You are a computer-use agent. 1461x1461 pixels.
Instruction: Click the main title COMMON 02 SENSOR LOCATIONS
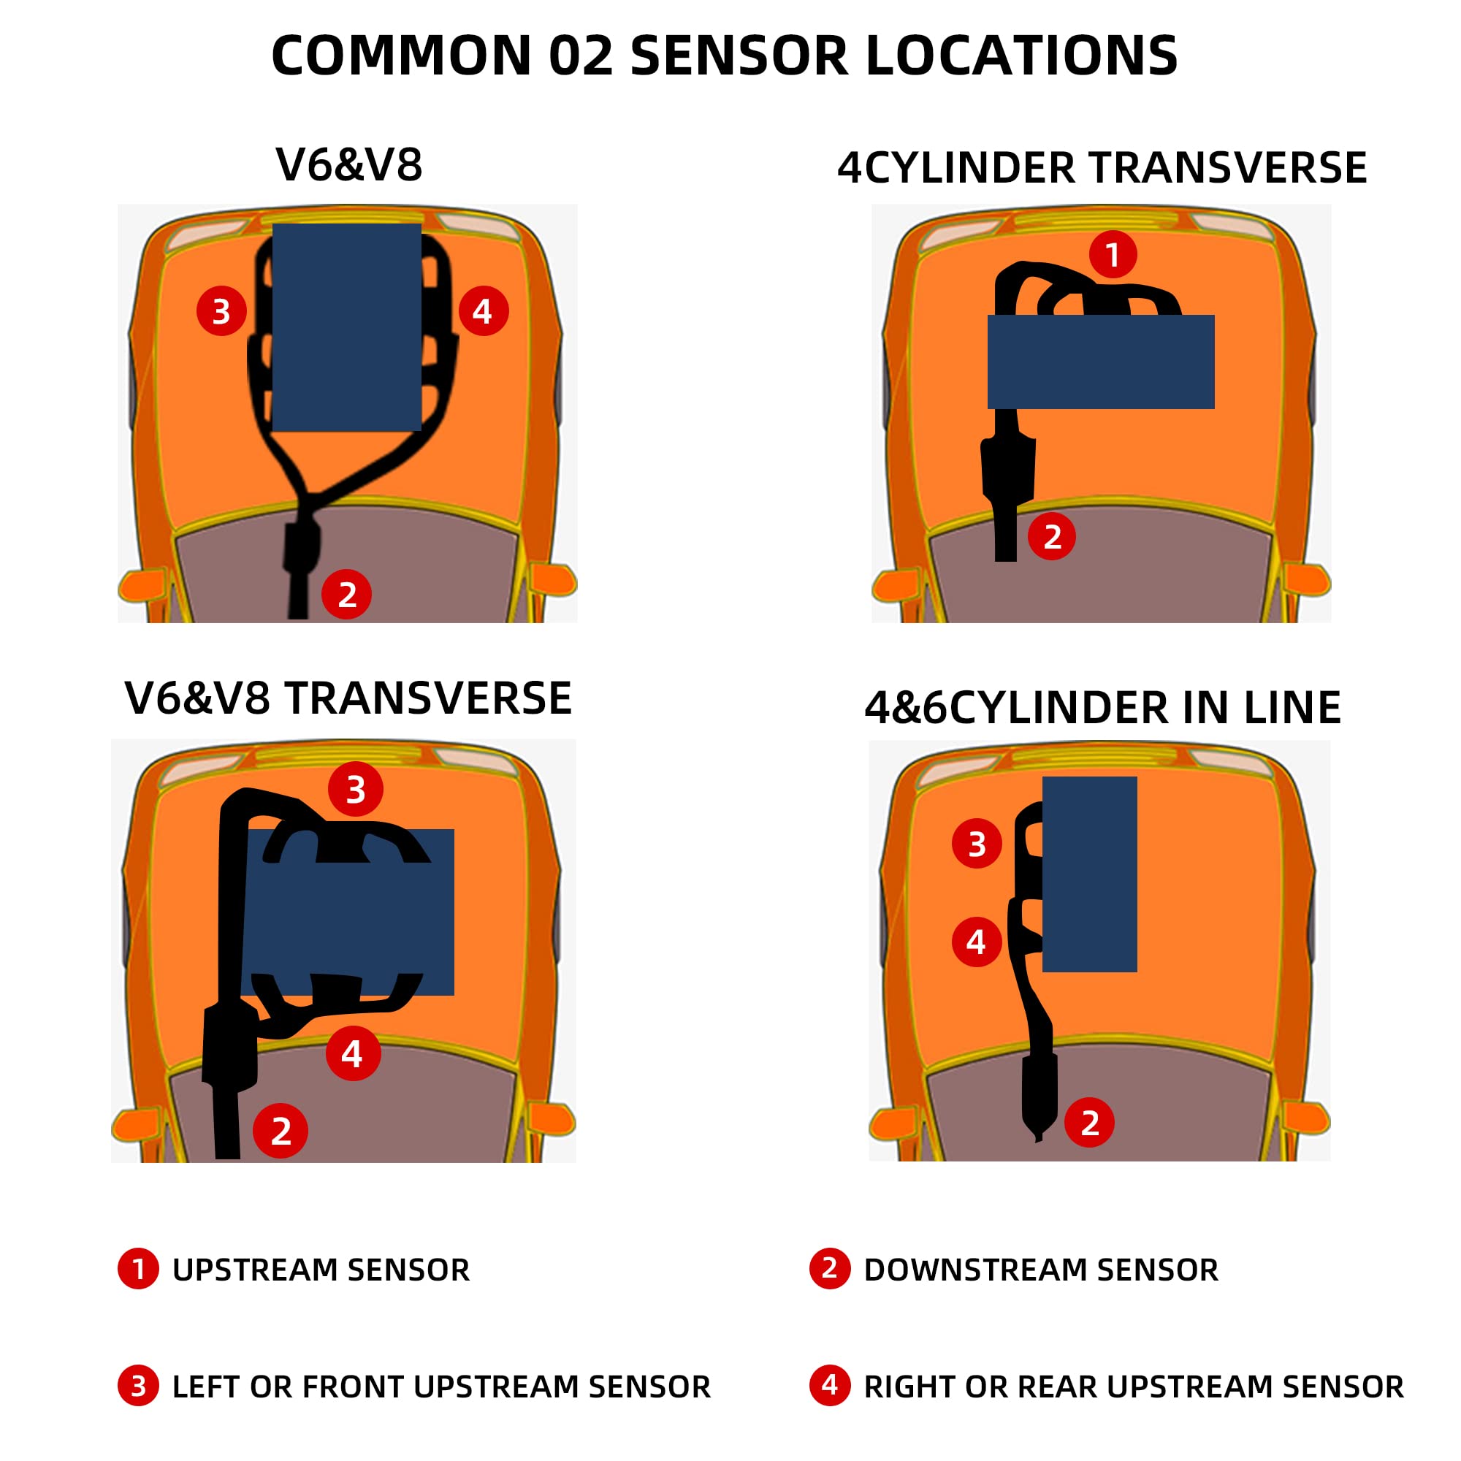(x=724, y=56)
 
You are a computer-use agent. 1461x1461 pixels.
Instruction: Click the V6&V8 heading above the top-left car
(x=348, y=164)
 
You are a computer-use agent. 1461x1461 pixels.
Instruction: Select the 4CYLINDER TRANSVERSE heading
(x=1102, y=168)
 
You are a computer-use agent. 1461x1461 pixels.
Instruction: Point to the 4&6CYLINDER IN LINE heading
(x=1102, y=708)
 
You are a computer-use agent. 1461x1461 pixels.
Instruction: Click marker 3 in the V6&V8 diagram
(x=221, y=310)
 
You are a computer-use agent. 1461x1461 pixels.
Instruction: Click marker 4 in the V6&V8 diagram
(x=483, y=310)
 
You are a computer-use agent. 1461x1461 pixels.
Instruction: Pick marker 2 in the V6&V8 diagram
(x=346, y=595)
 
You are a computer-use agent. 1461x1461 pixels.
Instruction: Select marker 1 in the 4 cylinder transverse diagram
(x=1113, y=254)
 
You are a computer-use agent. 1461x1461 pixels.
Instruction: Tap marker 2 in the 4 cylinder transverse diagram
(x=1051, y=536)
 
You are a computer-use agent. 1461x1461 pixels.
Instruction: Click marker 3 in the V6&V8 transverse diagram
(x=356, y=789)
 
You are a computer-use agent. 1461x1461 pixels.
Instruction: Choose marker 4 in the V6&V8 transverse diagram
(x=352, y=1053)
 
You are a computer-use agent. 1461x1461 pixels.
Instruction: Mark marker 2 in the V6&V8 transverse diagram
(x=281, y=1131)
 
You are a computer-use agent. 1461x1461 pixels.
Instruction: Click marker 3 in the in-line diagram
(x=976, y=843)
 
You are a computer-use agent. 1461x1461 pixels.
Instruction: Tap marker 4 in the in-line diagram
(x=976, y=942)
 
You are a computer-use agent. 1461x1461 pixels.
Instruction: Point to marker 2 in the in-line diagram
(x=1089, y=1122)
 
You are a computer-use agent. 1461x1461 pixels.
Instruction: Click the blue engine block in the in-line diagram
(x=1089, y=874)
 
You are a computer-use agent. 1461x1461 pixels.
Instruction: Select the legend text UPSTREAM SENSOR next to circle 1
(x=321, y=1270)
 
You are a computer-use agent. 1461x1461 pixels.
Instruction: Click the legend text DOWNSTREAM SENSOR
(x=1040, y=1270)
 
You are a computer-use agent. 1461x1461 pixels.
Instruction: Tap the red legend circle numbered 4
(x=830, y=1385)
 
